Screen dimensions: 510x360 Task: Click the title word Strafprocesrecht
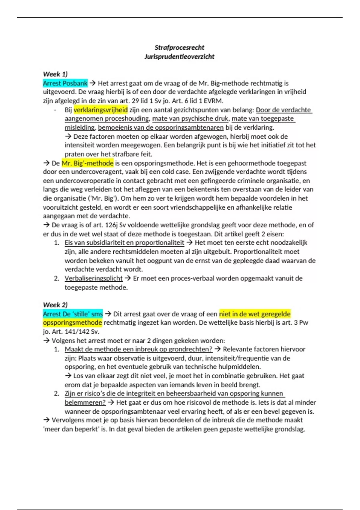point(179,47)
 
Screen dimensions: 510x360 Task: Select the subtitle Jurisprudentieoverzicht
point(179,56)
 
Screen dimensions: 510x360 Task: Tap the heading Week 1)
point(55,74)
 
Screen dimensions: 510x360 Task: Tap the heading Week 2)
point(55,305)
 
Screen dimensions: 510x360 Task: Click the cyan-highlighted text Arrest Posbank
point(65,83)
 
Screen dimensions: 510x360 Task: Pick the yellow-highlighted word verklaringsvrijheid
point(100,110)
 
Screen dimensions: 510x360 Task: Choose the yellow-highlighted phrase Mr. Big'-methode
point(88,163)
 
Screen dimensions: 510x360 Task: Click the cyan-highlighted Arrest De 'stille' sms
point(73,314)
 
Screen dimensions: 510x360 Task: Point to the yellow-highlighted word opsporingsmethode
point(73,322)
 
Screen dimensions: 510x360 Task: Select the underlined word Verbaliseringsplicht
point(94,278)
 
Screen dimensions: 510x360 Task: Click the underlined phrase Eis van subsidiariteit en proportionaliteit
point(124,242)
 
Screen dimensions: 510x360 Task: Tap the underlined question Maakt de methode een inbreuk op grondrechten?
point(139,349)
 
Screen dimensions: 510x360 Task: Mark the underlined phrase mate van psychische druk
point(190,118)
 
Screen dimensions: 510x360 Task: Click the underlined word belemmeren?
point(85,402)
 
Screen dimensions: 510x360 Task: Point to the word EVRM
point(213,101)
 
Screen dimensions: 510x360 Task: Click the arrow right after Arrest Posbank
point(92,83)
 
